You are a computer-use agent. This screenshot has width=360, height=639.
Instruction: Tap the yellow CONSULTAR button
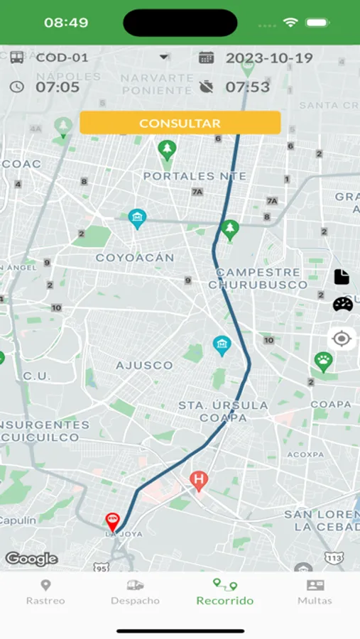tap(180, 123)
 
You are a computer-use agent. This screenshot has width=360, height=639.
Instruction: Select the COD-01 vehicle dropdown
tap(89, 58)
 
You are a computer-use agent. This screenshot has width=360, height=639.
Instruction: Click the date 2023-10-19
tap(268, 58)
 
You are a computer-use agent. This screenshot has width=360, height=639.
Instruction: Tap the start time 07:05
tap(57, 87)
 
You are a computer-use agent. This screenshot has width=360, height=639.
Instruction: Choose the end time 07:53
tap(247, 87)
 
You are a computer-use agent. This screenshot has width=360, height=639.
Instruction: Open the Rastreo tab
tap(45, 592)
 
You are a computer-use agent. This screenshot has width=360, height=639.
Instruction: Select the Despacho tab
tap(135, 592)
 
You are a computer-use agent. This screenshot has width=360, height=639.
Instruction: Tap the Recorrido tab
tap(224, 592)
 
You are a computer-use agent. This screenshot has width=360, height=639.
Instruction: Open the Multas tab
tap(315, 592)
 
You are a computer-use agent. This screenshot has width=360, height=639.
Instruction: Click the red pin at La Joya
tap(112, 522)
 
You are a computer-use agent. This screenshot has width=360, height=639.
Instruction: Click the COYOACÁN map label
tap(135, 258)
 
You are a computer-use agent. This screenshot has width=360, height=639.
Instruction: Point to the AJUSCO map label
tap(144, 365)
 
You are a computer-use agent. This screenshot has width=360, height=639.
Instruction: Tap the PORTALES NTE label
tap(195, 176)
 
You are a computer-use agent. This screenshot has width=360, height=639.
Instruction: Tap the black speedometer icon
tap(342, 304)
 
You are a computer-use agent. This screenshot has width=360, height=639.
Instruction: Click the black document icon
tap(342, 277)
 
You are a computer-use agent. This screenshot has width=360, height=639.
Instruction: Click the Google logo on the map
tap(31, 559)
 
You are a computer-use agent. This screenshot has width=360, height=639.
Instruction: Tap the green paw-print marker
tap(324, 362)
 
